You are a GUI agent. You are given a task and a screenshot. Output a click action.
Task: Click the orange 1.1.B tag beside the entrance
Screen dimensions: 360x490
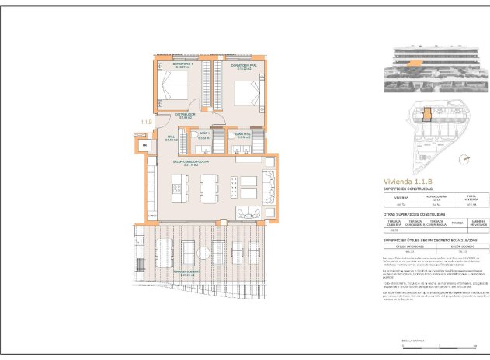click(146, 122)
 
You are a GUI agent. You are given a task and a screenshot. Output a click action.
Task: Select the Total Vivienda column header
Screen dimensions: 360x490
click(470, 198)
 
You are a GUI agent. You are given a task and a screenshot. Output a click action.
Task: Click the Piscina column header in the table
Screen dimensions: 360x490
click(457, 223)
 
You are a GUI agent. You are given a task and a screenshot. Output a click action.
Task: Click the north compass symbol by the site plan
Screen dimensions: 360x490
click(464, 160)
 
